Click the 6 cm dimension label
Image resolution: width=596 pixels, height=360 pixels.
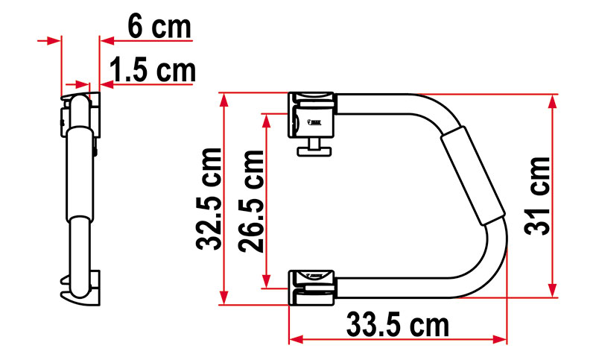159,27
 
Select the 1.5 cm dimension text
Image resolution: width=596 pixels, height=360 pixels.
152,72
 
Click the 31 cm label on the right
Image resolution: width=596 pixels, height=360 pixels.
534,196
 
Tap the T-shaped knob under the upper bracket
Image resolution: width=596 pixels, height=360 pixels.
312,150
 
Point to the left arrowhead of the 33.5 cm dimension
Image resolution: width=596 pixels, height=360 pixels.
295,339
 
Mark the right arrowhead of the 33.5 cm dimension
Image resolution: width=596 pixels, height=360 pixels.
500,339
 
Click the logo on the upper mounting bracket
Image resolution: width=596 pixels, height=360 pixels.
314,117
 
